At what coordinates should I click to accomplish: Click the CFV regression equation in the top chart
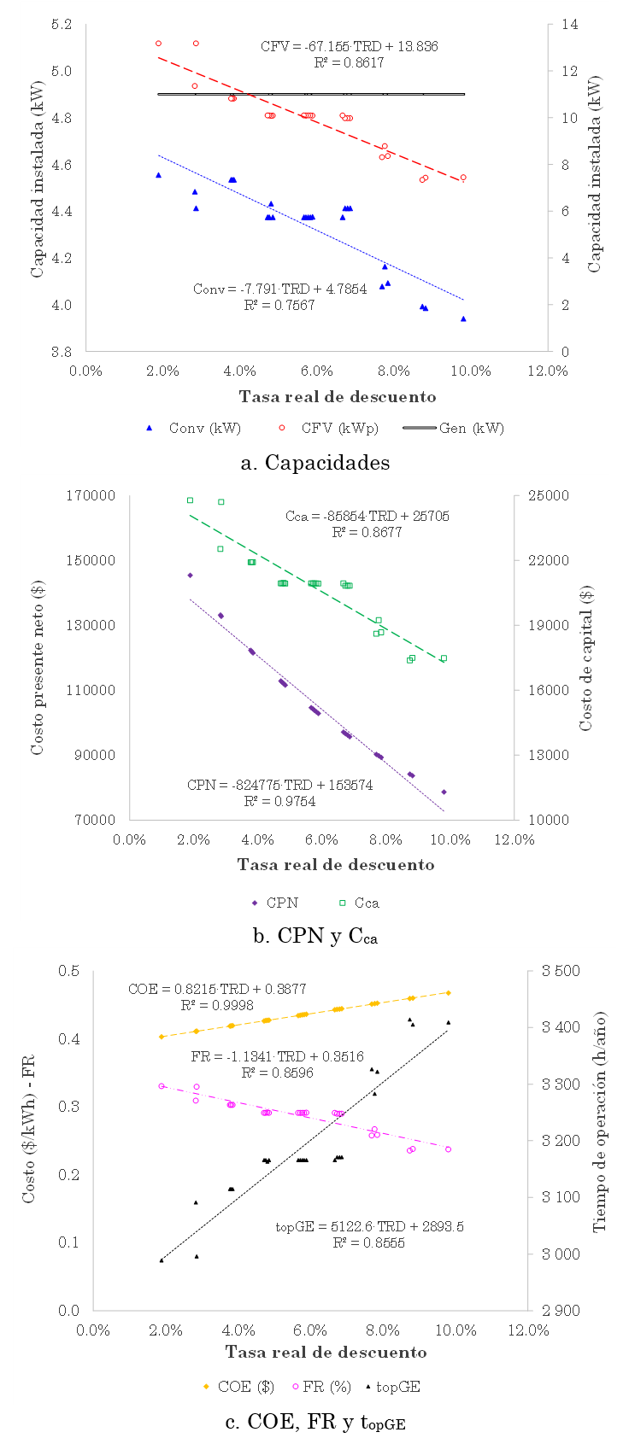click(x=349, y=47)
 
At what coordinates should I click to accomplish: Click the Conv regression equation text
click(x=279, y=289)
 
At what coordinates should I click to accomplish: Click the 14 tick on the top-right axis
click(x=568, y=25)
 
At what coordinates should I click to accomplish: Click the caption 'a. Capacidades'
click(x=315, y=463)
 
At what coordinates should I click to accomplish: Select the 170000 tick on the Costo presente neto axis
click(x=91, y=496)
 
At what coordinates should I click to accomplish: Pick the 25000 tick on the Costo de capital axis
click(x=545, y=496)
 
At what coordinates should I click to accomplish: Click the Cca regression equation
click(x=367, y=517)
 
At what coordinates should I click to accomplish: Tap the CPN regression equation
click(x=279, y=786)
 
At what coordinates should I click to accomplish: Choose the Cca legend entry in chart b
click(x=358, y=903)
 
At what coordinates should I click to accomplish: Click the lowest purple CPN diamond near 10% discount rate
click(x=444, y=792)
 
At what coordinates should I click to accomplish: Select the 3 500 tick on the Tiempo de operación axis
click(x=561, y=972)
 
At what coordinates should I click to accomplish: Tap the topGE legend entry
click(x=392, y=1387)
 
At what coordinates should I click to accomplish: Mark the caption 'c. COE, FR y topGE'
click(x=315, y=1422)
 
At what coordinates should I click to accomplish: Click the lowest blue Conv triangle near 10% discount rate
click(x=463, y=319)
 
